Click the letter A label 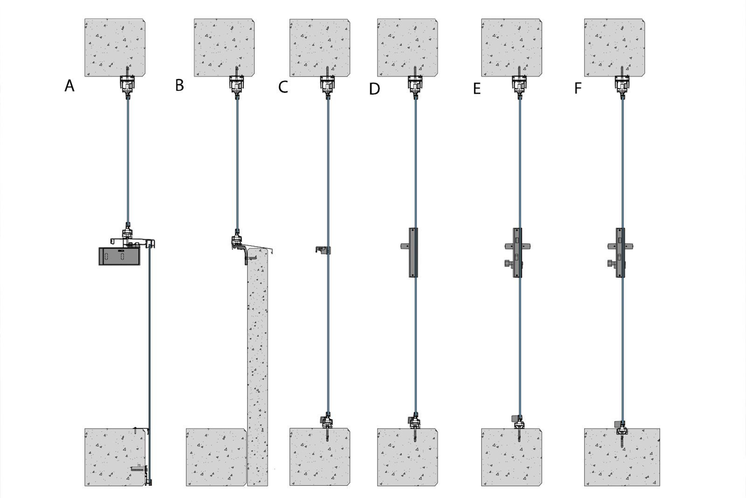pyautogui.click(x=69, y=86)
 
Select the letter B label pyautogui.click(x=180, y=85)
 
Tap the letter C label pyautogui.click(x=283, y=87)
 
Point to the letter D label pyautogui.click(x=374, y=89)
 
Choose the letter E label pyautogui.click(x=477, y=89)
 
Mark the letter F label pyautogui.click(x=578, y=88)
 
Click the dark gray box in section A pyautogui.click(x=119, y=256)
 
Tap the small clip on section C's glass pyautogui.click(x=323, y=250)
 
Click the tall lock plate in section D pyautogui.click(x=413, y=253)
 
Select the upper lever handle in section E pyautogui.click(x=517, y=247)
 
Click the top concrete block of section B pyautogui.click(x=224, y=48)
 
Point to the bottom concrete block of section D pyautogui.click(x=408, y=457)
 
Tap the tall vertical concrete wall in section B pyautogui.click(x=257, y=367)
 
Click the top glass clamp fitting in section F pyautogui.click(x=622, y=84)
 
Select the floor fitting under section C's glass pyautogui.click(x=326, y=421)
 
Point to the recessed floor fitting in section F pyautogui.click(x=622, y=429)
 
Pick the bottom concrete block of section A pyautogui.click(x=115, y=457)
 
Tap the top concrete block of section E pyautogui.click(x=511, y=48)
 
